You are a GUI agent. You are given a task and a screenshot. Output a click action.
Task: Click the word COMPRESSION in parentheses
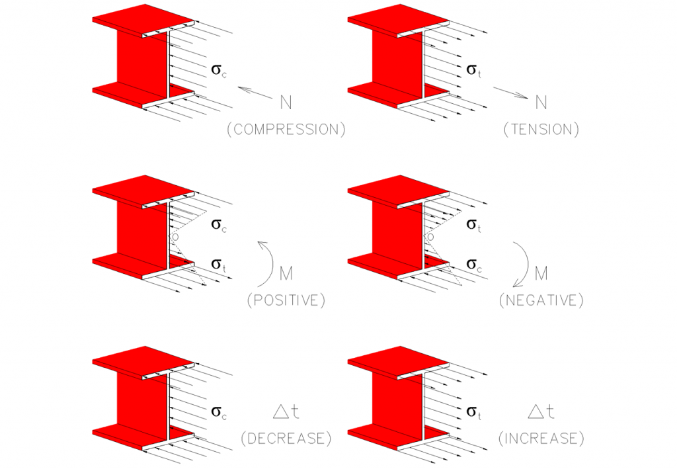tap(286, 130)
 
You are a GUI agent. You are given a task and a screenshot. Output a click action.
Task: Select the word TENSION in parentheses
tap(541, 130)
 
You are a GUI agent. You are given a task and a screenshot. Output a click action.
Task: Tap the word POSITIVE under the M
tap(286, 301)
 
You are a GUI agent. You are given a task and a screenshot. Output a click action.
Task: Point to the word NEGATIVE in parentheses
tap(541, 301)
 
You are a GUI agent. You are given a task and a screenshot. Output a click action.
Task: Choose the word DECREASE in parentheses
tap(286, 438)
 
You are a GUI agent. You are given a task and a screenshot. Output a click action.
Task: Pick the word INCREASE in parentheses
tap(541, 438)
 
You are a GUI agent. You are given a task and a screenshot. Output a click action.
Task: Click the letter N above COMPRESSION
tap(286, 103)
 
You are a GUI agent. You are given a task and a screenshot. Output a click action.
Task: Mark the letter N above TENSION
tap(541, 103)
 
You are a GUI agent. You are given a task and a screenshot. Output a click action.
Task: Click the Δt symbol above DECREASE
tap(286, 413)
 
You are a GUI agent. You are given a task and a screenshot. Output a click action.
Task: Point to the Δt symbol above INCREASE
tap(541, 413)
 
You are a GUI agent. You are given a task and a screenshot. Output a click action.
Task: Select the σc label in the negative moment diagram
tap(474, 264)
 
